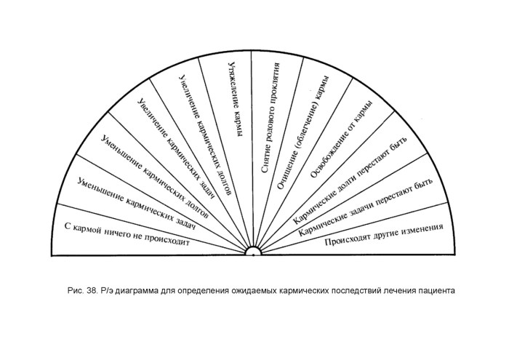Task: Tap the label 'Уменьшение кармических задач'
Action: point(137,204)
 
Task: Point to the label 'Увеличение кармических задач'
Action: point(176,148)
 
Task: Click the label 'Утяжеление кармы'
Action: point(236,98)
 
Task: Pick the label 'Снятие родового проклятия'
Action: point(270,118)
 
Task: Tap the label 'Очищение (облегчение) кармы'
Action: point(303,132)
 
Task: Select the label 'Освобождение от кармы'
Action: point(341,140)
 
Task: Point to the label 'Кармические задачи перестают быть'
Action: point(365,207)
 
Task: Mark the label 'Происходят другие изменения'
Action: point(384,235)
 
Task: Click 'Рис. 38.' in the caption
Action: point(82,290)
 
